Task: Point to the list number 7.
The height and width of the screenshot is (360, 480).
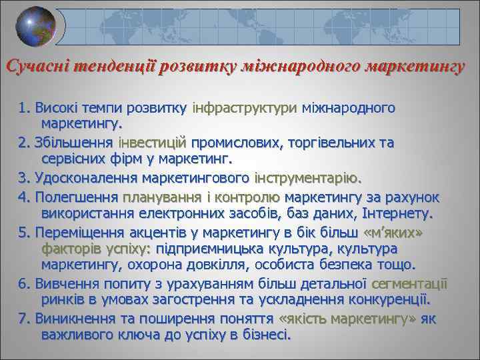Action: (25, 319)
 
